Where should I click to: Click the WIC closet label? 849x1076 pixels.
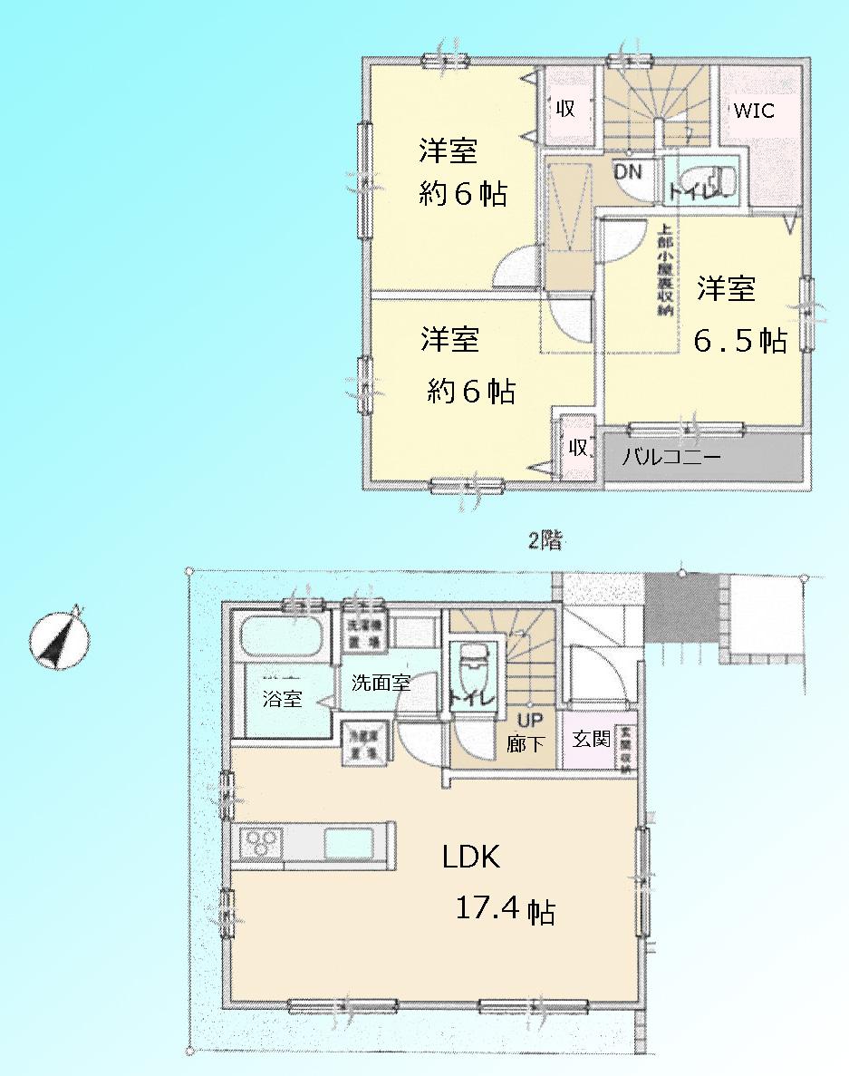(754, 111)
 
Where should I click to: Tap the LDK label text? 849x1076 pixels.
(471, 857)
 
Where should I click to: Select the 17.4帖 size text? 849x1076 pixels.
(503, 909)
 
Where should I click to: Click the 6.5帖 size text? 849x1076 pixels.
(740, 341)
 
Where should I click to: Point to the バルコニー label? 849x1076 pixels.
(671, 458)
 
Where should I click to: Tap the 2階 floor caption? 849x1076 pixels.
(546, 541)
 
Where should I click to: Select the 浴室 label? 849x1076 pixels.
(282, 699)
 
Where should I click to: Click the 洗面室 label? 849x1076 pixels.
(381, 683)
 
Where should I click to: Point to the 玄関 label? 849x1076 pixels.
(590, 739)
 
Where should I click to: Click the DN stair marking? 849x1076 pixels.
(627, 170)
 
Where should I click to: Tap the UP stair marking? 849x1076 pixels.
(528, 722)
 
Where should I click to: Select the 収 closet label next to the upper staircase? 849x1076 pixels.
(565, 109)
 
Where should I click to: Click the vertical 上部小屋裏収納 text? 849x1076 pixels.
(664, 270)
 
